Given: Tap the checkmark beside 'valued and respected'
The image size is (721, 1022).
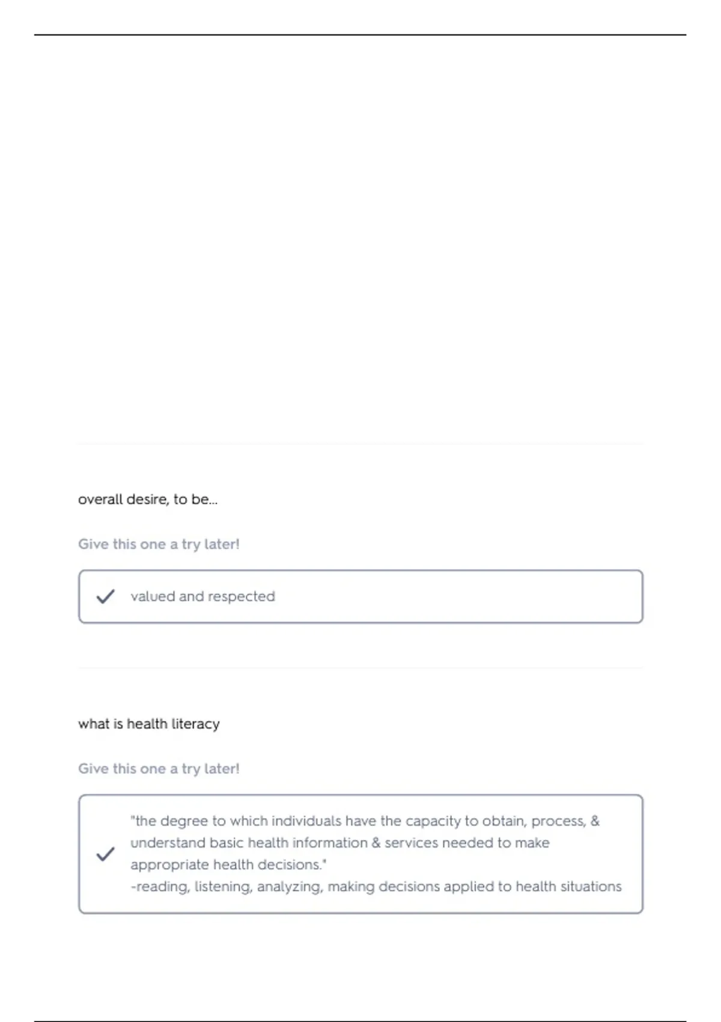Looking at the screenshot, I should [105, 596].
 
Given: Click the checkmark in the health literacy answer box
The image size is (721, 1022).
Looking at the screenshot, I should [105, 854].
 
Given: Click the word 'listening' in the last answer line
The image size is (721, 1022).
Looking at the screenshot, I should [223, 887].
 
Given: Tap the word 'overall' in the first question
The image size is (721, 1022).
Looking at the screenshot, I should [95, 500].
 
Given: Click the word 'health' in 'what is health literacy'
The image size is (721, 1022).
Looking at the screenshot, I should [147, 724].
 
